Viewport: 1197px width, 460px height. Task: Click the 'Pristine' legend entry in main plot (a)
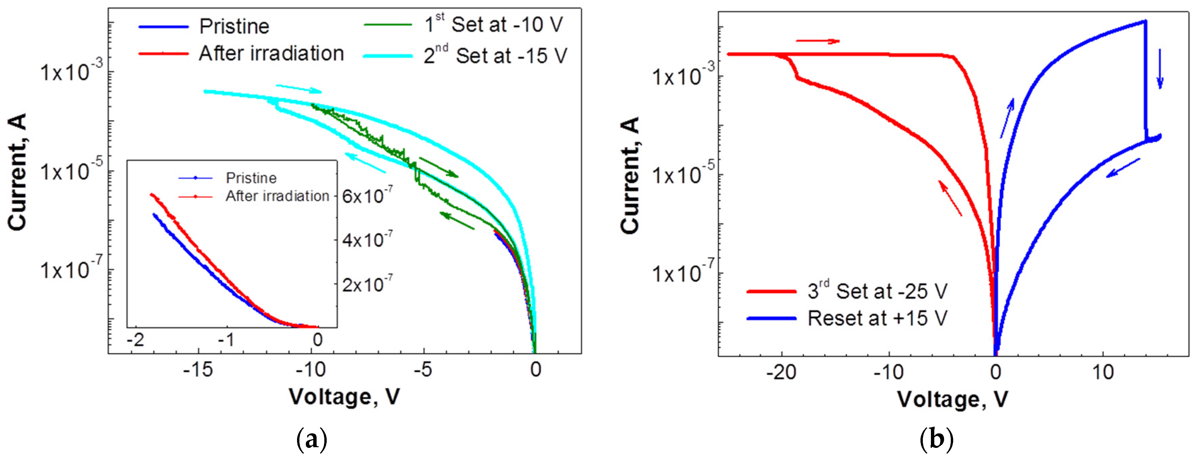(234, 27)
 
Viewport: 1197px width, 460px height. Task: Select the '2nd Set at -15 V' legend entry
(495, 56)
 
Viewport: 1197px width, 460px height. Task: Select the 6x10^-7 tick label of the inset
(367, 196)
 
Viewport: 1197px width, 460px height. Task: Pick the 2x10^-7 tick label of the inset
(367, 284)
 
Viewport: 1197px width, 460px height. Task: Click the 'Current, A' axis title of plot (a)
(18, 172)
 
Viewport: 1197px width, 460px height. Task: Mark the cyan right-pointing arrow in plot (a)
(298, 88)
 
